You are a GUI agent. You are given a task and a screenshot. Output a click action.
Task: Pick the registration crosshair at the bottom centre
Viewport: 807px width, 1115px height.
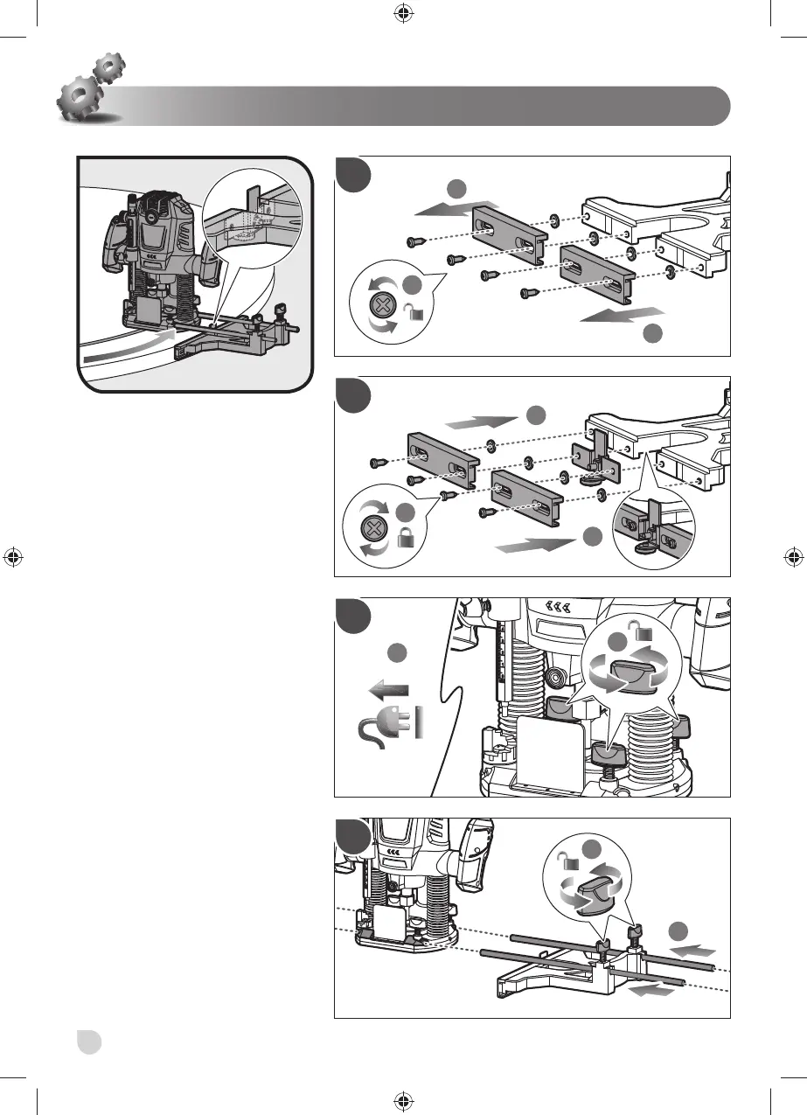point(403,1099)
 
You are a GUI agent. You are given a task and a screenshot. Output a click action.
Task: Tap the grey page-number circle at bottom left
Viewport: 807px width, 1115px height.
point(88,1042)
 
